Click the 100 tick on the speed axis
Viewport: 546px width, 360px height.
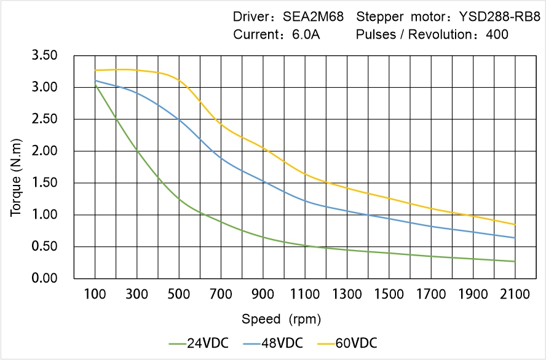[x=95, y=294]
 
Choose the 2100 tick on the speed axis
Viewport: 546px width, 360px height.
[x=515, y=294]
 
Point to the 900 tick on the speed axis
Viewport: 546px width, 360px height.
[x=263, y=294]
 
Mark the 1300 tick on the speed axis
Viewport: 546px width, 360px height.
[x=347, y=294]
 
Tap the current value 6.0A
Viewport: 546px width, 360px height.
[x=305, y=34]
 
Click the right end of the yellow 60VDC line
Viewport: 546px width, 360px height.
[x=515, y=224]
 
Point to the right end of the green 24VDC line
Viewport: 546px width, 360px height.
[x=515, y=261]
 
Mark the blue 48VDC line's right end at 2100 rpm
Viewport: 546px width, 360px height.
[x=515, y=238]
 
